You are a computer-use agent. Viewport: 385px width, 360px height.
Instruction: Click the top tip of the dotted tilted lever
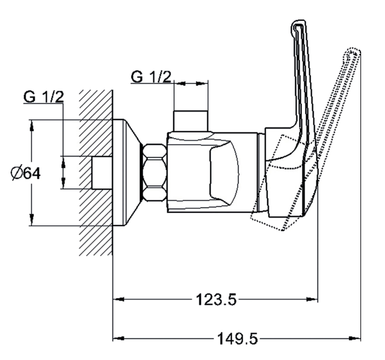pos(353,52)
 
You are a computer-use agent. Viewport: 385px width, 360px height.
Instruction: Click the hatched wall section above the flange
pos(96,104)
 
